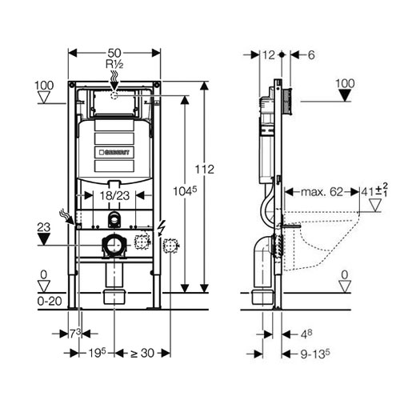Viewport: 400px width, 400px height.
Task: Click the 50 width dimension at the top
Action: tap(114, 53)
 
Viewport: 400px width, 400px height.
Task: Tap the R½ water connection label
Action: tap(114, 64)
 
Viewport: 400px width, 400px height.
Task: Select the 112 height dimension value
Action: tap(205, 170)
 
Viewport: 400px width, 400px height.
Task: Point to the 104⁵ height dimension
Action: tap(185, 191)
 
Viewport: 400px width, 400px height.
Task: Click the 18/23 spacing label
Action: tap(114, 196)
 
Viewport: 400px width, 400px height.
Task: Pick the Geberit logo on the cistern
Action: tap(114, 152)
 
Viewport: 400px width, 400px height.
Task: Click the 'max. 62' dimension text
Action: tap(322, 192)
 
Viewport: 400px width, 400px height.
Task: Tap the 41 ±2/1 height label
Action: tap(374, 190)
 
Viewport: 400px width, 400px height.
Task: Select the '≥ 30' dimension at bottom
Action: tap(142, 354)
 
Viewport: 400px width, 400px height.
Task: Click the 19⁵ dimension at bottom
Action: tap(97, 353)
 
